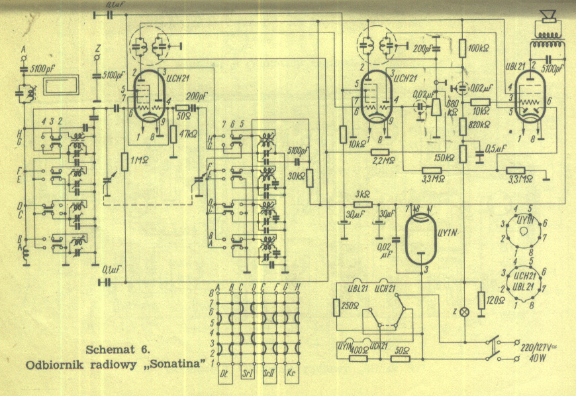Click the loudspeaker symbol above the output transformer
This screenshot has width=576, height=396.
546,15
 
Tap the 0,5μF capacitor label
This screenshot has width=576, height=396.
497,148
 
